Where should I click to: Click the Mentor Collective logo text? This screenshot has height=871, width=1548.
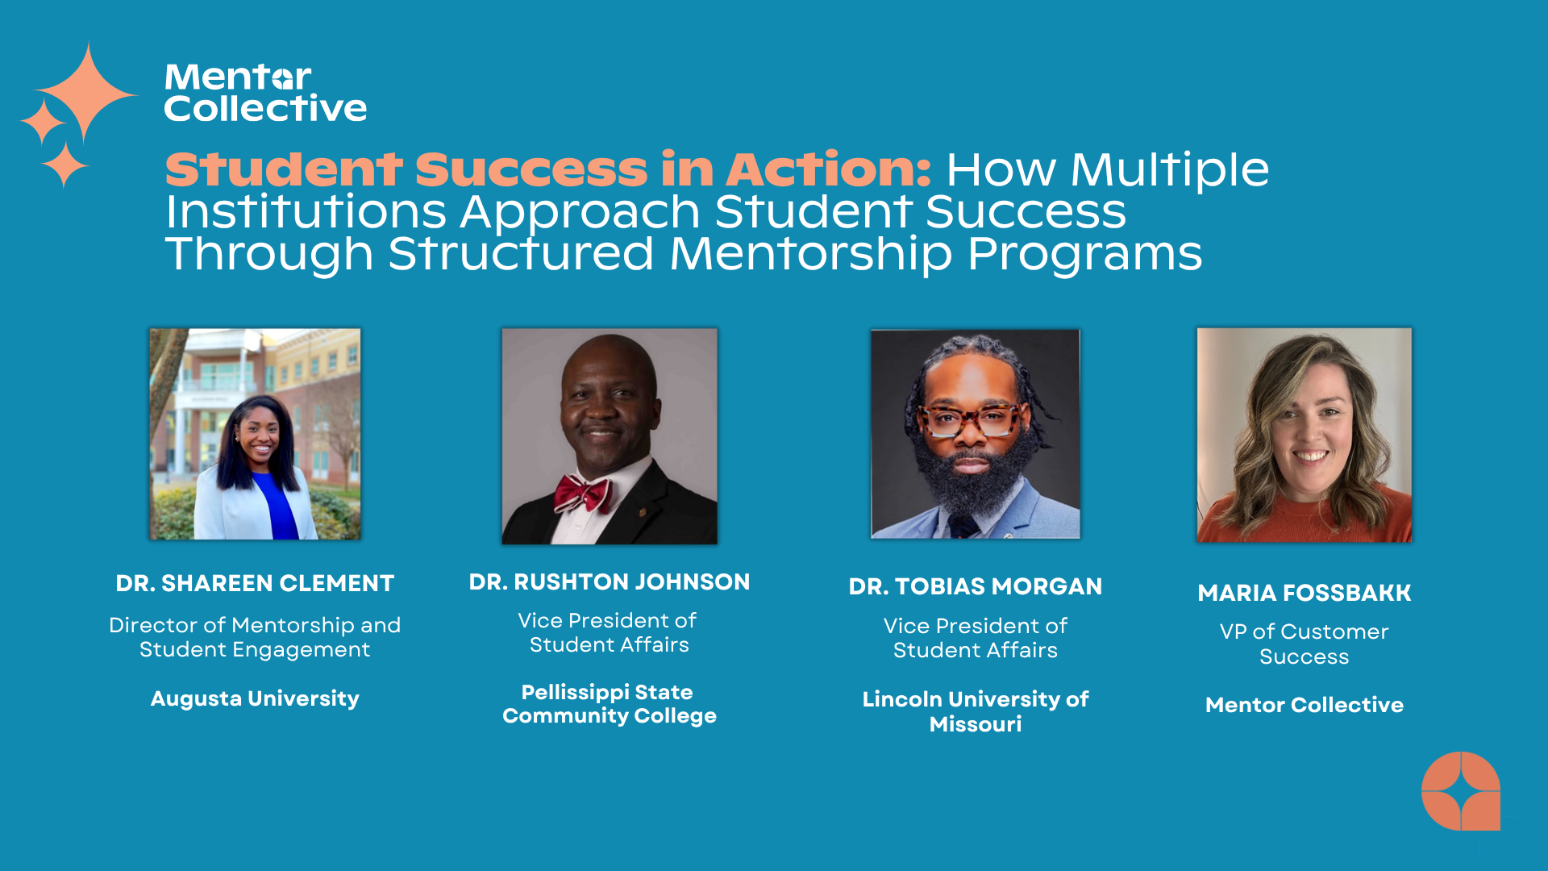point(265,93)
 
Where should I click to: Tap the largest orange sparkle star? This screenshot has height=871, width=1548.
point(87,93)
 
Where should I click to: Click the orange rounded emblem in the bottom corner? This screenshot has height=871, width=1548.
point(1460,791)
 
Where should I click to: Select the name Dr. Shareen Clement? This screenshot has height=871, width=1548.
point(255,583)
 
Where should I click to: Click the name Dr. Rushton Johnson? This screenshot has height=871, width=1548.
point(610,581)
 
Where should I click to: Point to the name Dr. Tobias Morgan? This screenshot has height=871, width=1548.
point(976,586)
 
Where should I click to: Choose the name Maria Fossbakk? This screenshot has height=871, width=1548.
point(1305,593)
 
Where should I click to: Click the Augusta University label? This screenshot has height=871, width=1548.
point(255,698)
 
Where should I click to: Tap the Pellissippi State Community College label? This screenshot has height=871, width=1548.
point(610,704)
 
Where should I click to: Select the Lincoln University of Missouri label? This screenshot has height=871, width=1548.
point(976,711)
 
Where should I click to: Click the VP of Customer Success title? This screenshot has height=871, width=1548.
point(1305,644)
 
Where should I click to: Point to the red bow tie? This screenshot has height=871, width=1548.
point(582,494)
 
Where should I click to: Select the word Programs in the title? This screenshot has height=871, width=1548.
point(1084,254)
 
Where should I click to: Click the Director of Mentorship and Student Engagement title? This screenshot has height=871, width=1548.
point(255,637)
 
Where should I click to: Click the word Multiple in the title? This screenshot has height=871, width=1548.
point(1170,170)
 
